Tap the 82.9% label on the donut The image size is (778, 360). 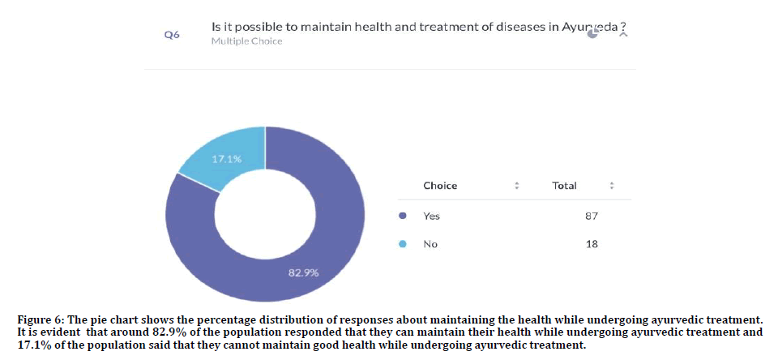(x=303, y=272)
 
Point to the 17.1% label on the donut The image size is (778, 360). (x=226, y=159)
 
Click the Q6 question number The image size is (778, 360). (x=171, y=35)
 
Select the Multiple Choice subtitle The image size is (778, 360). (x=246, y=41)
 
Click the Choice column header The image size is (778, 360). (x=440, y=186)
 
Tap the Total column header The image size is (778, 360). (x=564, y=186)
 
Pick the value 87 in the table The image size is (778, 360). (x=591, y=216)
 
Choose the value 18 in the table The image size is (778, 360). (x=591, y=244)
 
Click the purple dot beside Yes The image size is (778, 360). (x=403, y=216)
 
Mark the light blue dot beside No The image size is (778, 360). (x=403, y=244)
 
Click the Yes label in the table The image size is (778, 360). (x=431, y=216)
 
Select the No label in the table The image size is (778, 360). (x=430, y=244)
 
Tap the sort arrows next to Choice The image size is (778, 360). (x=516, y=186)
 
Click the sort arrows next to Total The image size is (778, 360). (x=612, y=186)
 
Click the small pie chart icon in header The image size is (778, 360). (x=593, y=34)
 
